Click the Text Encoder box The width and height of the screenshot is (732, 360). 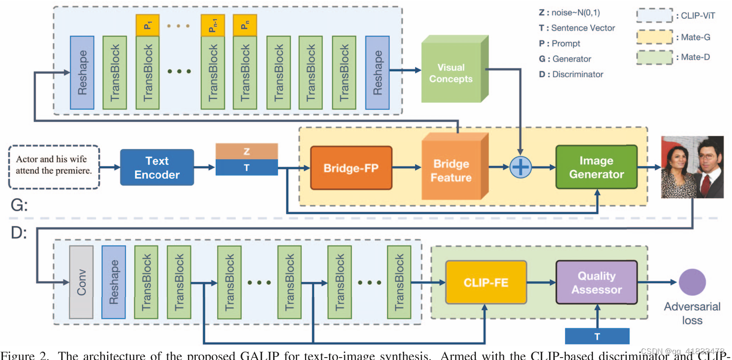(x=157, y=168)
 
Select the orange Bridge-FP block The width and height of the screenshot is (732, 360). (x=351, y=168)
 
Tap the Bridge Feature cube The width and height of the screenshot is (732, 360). (x=452, y=170)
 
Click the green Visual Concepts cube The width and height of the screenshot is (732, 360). (x=452, y=73)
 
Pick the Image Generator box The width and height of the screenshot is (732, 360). (x=596, y=167)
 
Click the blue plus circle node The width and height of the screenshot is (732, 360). (x=520, y=167)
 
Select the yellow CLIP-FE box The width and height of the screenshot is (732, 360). (x=486, y=282)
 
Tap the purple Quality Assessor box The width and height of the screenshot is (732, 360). (x=596, y=282)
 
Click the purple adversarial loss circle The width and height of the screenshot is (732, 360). (x=692, y=282)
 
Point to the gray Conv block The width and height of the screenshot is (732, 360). (x=81, y=282)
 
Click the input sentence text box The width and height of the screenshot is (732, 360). (x=54, y=167)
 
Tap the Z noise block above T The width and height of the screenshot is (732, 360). (x=246, y=151)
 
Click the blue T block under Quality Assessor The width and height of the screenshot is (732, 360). (x=597, y=336)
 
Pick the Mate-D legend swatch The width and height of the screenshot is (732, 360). (x=654, y=57)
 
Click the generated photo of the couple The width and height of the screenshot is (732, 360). (x=693, y=167)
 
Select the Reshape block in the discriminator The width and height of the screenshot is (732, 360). (x=114, y=282)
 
